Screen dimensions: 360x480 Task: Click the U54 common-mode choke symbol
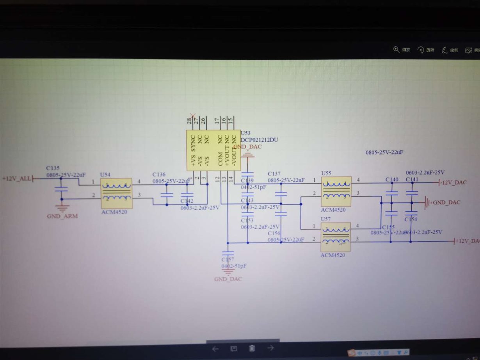point(116,193)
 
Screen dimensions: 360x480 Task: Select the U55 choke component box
point(336,192)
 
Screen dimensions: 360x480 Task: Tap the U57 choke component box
point(335,237)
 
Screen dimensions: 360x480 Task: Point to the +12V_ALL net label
point(16,178)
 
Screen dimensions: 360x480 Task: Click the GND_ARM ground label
point(62,216)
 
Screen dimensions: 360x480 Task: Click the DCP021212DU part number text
point(260,140)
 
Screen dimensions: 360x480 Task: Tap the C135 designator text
point(53,168)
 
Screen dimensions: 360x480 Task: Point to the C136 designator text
point(159,174)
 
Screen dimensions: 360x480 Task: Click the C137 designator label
point(274,173)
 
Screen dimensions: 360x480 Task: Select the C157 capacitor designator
point(228,259)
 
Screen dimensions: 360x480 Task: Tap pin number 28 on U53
point(189,121)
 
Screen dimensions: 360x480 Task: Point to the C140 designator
point(391,179)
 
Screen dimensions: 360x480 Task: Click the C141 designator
point(411,179)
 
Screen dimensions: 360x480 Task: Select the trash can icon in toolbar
point(252,348)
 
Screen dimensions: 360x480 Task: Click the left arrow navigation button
point(215,349)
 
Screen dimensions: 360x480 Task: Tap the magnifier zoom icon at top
point(396,50)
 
